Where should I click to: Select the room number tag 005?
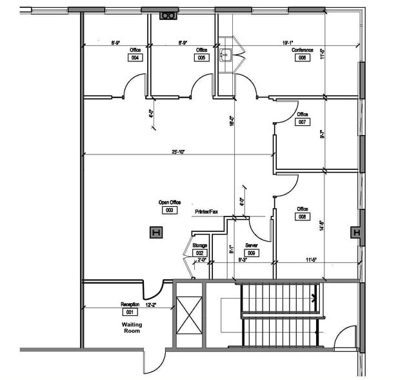pyautogui.click(x=202, y=58)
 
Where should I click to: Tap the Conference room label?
pyautogui.click(x=302, y=50)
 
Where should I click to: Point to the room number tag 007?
pyautogui.click(x=303, y=122)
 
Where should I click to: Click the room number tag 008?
pyautogui.click(x=302, y=217)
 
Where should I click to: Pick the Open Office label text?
pyautogui.click(x=170, y=202)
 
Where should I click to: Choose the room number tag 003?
pyautogui.click(x=170, y=210)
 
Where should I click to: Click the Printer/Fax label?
pyautogui.click(x=206, y=211)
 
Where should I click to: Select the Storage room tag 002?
pyautogui.click(x=199, y=253)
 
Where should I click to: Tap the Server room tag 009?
pyautogui.click(x=252, y=253)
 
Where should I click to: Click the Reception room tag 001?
pyautogui.click(x=130, y=311)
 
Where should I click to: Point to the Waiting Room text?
pyautogui.click(x=131, y=328)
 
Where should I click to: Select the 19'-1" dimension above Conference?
pyautogui.click(x=289, y=42)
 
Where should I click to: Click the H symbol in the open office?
pyautogui.click(x=155, y=232)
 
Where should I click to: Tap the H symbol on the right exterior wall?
pyautogui.click(x=355, y=233)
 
